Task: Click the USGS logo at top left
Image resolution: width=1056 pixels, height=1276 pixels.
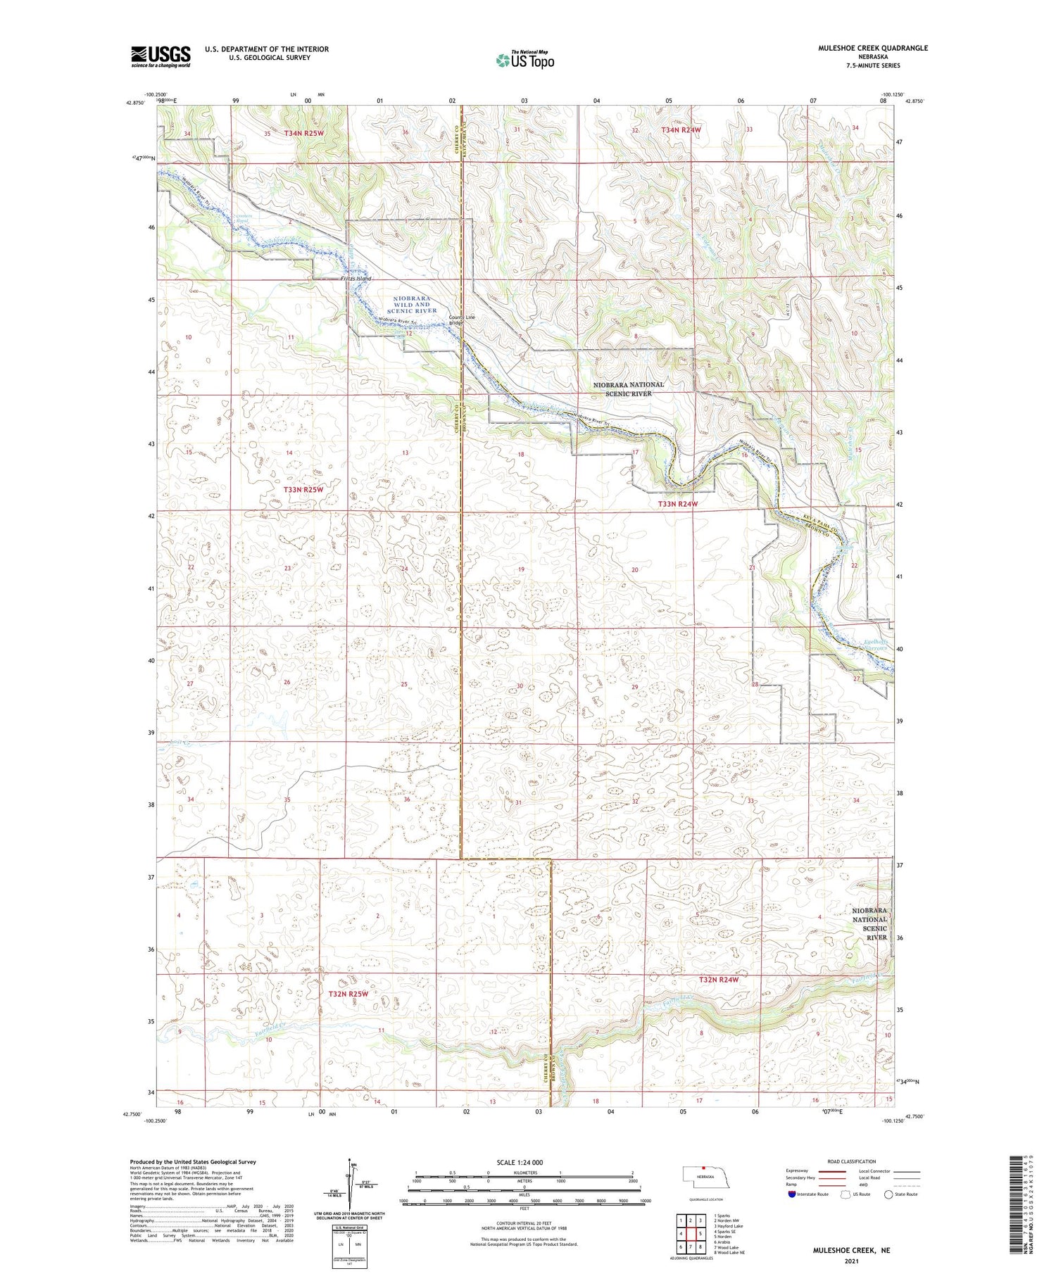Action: pyautogui.click(x=161, y=56)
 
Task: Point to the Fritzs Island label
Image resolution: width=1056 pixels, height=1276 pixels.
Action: pyautogui.click(x=356, y=279)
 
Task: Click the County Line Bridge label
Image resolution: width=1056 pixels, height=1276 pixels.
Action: pyautogui.click(x=462, y=320)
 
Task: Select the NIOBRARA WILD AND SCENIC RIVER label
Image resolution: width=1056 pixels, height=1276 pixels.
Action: pyautogui.click(x=412, y=305)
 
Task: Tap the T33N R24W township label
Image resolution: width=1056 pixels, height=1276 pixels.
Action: pyautogui.click(x=677, y=504)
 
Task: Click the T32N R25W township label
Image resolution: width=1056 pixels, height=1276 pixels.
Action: pyautogui.click(x=348, y=994)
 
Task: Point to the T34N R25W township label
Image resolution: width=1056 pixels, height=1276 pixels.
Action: pyautogui.click(x=304, y=133)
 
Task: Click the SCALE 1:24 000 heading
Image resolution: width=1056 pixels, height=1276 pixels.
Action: pyautogui.click(x=524, y=1162)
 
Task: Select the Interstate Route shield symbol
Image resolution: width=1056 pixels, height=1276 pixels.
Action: pyautogui.click(x=791, y=1194)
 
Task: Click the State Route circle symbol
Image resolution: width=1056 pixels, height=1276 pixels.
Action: pyautogui.click(x=889, y=1194)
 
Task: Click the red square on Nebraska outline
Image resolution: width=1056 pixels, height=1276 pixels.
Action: pyautogui.click(x=703, y=1170)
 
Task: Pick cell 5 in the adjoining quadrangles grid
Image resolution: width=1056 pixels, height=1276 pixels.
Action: pyautogui.click(x=701, y=1234)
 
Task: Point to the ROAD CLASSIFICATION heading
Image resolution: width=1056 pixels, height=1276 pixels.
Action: pyautogui.click(x=852, y=1161)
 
